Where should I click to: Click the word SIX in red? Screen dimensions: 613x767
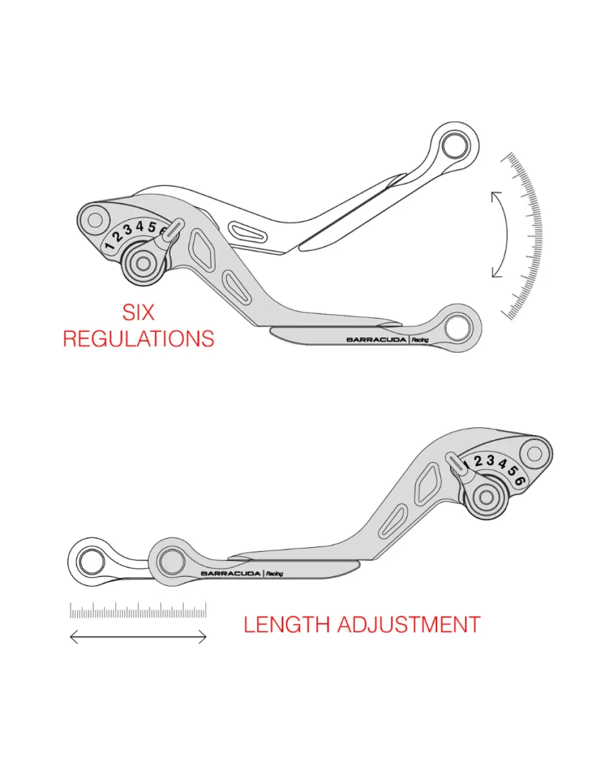(x=138, y=312)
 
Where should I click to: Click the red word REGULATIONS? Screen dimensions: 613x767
(x=138, y=339)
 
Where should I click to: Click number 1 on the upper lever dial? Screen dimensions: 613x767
(x=110, y=245)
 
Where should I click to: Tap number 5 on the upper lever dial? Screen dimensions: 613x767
(x=152, y=227)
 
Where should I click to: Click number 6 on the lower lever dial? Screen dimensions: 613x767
(x=520, y=481)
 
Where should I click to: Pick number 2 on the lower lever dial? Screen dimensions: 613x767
(x=478, y=461)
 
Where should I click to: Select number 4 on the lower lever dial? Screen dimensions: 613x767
(x=502, y=464)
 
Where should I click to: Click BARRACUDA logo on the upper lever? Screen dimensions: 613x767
(x=376, y=340)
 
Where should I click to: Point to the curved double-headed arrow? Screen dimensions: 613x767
(x=506, y=235)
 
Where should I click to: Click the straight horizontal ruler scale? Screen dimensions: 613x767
(x=138, y=610)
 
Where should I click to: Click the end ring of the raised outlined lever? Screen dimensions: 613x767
(x=455, y=146)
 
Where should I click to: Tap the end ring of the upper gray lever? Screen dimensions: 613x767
(x=458, y=327)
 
